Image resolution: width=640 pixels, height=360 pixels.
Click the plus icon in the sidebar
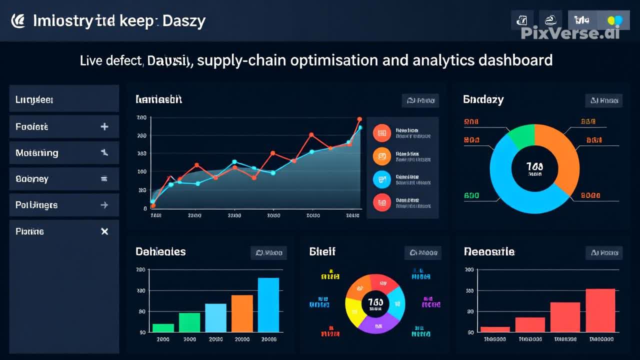104,126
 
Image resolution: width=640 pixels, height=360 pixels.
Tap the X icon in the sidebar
104,231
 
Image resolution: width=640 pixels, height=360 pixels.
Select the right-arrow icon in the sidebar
104,205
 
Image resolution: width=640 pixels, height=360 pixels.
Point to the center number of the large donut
534,166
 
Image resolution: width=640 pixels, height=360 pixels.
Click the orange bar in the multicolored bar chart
242,313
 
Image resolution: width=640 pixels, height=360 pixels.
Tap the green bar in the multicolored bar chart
163,327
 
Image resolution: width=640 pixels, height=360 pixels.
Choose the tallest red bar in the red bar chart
600,310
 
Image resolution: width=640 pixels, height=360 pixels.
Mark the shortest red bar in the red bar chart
495,329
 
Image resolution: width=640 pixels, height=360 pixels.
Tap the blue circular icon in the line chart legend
381,179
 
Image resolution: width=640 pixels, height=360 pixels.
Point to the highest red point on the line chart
359,119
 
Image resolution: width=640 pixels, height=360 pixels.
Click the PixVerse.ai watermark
570,33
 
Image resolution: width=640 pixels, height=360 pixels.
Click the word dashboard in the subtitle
515,60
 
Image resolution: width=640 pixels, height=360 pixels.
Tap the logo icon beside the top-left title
18,20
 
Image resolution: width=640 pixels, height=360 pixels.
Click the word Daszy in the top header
183,21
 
